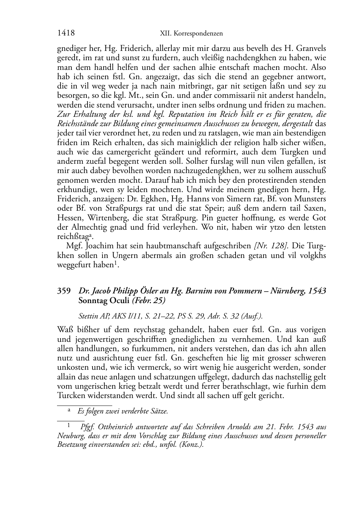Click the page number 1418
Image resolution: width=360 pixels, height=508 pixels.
coord(66,33)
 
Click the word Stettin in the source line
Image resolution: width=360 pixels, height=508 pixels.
coord(88,316)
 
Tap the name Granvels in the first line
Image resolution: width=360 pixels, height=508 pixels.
coord(311,48)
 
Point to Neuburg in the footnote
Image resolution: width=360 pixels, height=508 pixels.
coord(70,436)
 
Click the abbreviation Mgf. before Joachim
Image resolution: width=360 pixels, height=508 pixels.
coord(74,246)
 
